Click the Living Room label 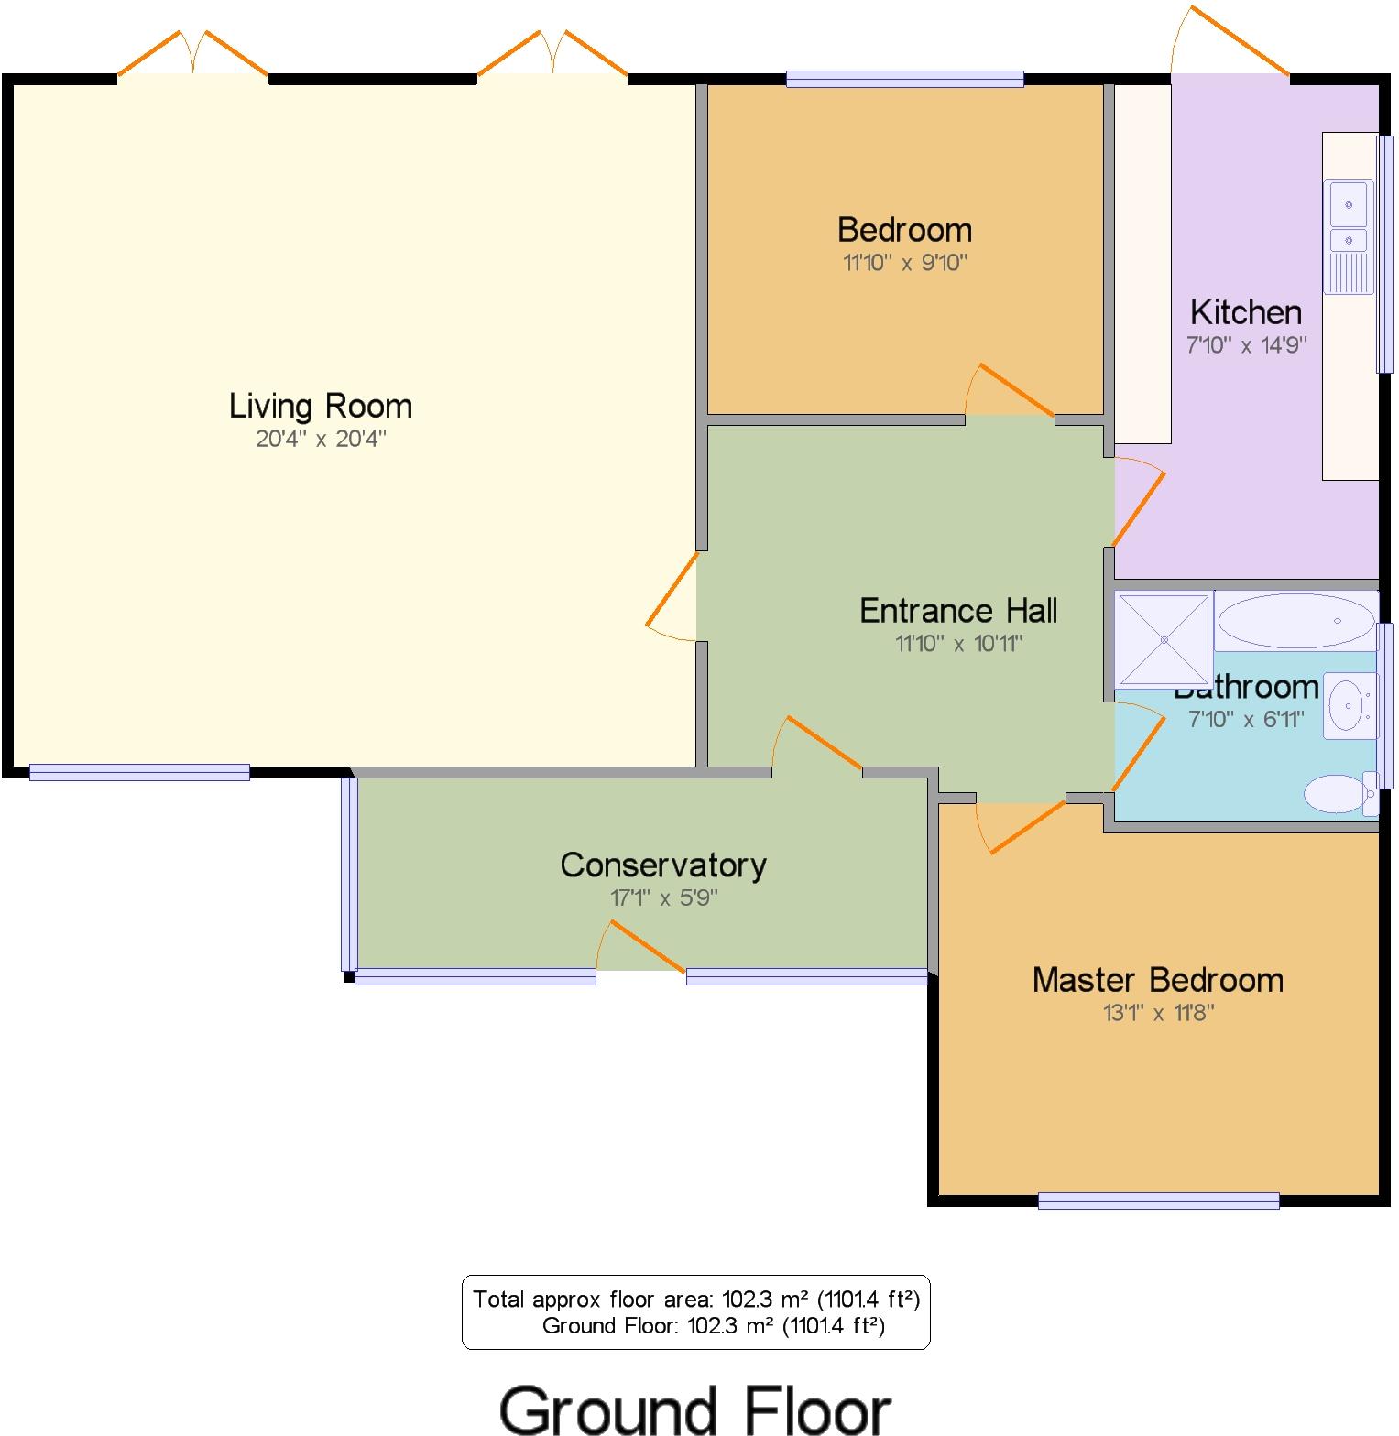click(320, 406)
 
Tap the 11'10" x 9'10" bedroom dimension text click(905, 263)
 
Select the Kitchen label click(1245, 312)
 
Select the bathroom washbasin click(1350, 705)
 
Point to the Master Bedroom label click(1157, 980)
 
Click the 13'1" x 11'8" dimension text click(1158, 1013)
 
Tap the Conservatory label click(663, 865)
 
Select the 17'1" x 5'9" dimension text click(663, 897)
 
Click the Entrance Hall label click(958, 611)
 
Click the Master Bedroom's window click(1158, 1201)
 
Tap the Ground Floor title click(695, 1409)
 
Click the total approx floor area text click(695, 1299)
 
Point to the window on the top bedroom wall click(904, 79)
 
